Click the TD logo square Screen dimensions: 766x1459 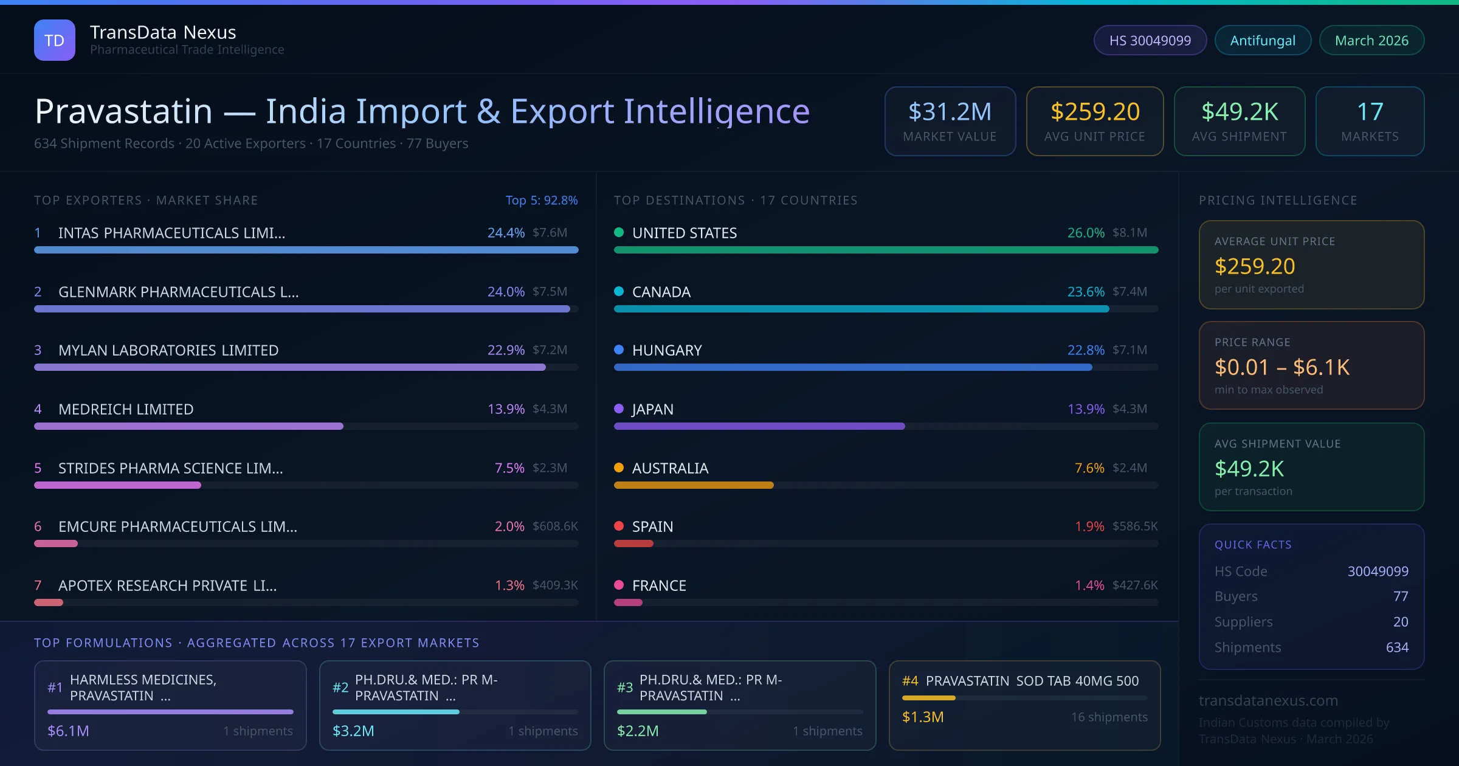click(55, 40)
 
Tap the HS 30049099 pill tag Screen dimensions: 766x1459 click(1150, 41)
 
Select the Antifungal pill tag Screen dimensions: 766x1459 click(1263, 41)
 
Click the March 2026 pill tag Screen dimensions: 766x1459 click(1371, 41)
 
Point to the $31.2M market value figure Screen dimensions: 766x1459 click(950, 112)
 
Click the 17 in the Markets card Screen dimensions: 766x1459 click(1370, 112)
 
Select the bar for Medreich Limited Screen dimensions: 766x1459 click(188, 426)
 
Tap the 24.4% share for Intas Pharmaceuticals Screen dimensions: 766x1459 click(506, 233)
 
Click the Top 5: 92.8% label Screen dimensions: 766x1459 click(541, 200)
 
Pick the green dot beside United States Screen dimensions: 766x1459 click(619, 232)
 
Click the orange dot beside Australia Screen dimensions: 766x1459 click(619, 468)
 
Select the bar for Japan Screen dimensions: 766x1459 click(759, 426)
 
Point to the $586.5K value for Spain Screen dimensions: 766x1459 click(1135, 526)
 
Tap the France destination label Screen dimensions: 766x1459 click(659, 585)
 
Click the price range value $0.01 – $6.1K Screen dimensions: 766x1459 click(1281, 367)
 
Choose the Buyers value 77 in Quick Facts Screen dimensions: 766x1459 click(1400, 596)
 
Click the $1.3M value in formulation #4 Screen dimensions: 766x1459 click(923, 717)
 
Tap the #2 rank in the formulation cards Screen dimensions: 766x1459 click(340, 688)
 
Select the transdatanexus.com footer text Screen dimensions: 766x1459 click(1268, 700)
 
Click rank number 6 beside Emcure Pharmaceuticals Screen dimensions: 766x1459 click(38, 526)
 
